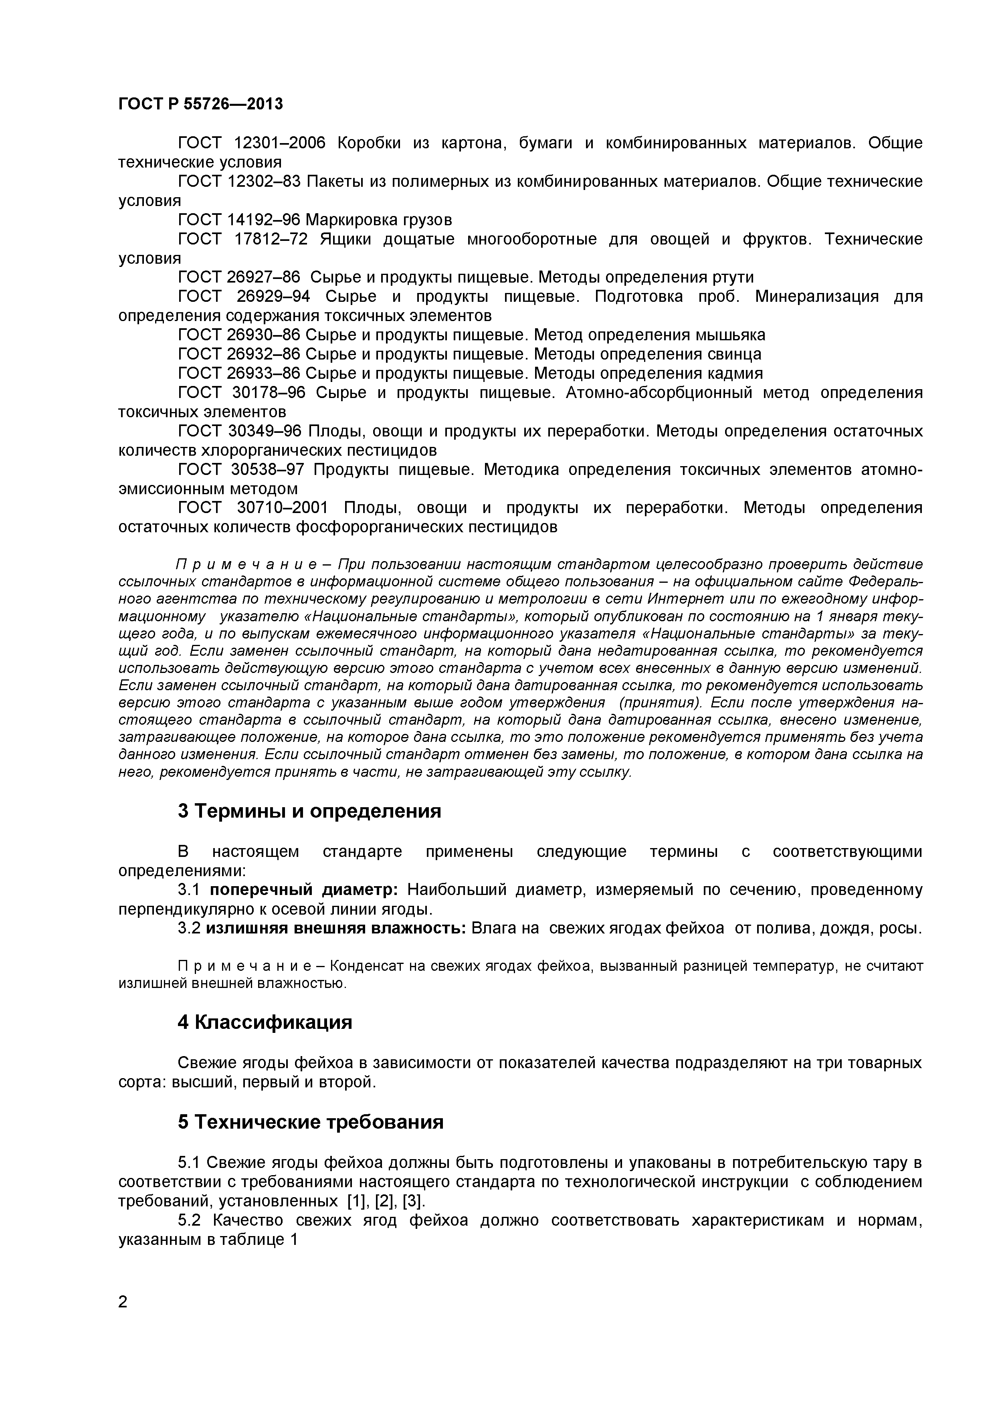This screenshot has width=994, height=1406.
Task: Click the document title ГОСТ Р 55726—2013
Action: tap(200, 104)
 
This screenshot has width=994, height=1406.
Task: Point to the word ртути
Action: tap(733, 277)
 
